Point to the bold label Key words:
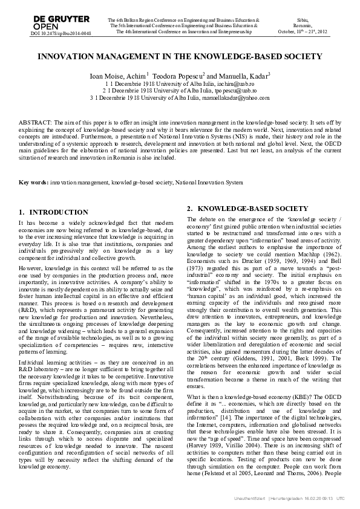[33, 182]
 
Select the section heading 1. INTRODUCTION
[54, 212]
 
